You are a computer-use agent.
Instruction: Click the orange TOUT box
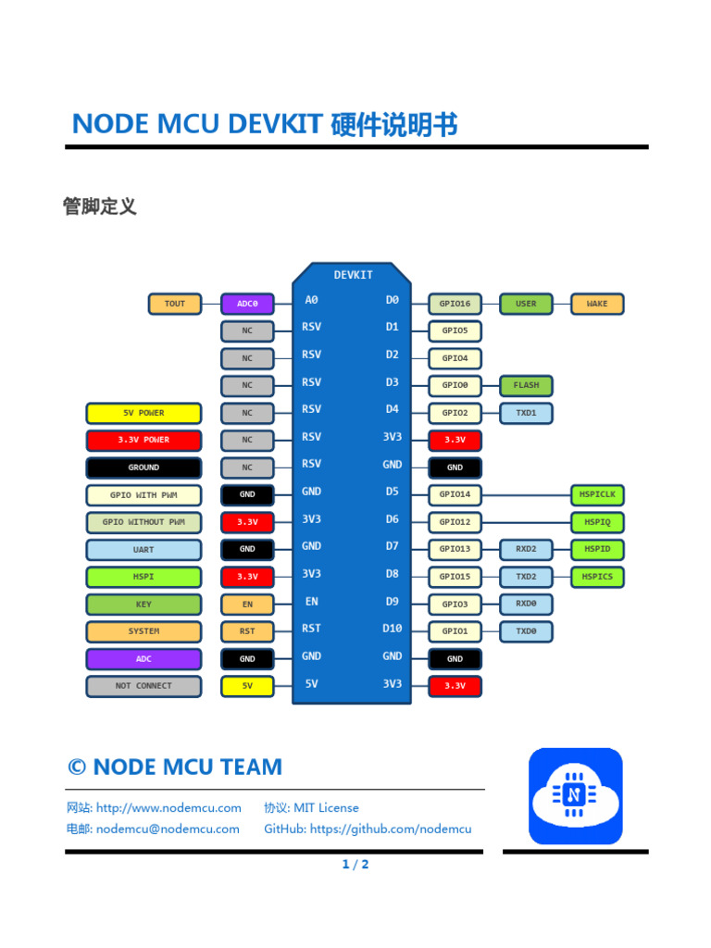tap(174, 304)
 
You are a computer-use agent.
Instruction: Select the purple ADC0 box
tap(247, 304)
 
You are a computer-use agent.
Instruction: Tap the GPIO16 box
tap(455, 304)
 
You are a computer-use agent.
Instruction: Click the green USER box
tap(526, 304)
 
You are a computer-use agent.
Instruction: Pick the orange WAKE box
tap(597, 304)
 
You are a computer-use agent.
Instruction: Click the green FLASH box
tap(526, 385)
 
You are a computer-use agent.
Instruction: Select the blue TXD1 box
tap(526, 413)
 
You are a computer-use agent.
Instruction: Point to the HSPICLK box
tap(597, 494)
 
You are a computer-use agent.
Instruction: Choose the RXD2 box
tap(526, 549)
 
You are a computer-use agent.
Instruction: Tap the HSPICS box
tap(597, 577)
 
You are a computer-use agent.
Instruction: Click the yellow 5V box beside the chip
tap(247, 686)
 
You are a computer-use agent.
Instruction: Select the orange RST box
tap(247, 631)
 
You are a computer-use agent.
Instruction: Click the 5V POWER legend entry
tap(143, 413)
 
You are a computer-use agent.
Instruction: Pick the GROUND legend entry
tap(143, 468)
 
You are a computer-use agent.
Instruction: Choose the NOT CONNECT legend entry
tap(143, 686)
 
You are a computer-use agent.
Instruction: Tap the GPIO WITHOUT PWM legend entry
tap(143, 522)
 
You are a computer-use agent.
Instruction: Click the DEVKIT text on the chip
tap(353, 275)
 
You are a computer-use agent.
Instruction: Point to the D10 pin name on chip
tap(393, 629)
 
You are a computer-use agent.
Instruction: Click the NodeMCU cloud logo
tap(575, 795)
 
